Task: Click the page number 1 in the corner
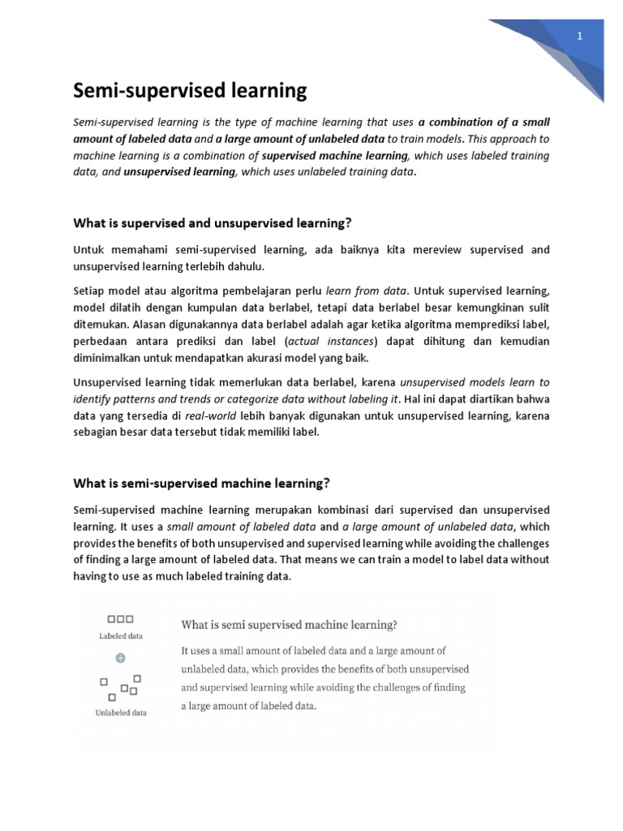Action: (580, 37)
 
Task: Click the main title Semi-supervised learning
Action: (191, 91)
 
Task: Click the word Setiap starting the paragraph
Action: (92, 288)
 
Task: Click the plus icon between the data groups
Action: (120, 657)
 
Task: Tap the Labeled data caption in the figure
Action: (120, 636)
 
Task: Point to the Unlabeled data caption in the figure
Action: (120, 713)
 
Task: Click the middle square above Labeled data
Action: (120, 619)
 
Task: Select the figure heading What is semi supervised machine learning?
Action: (288, 625)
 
